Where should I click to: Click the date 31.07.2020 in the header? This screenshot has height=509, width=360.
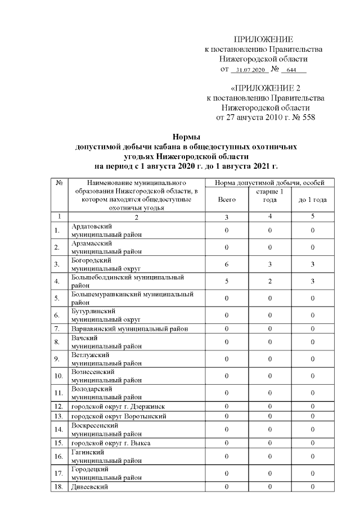click(250, 70)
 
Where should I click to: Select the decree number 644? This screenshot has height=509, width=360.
click(291, 70)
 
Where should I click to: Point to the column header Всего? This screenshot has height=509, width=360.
click(226, 200)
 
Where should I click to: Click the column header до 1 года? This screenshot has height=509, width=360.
click(313, 200)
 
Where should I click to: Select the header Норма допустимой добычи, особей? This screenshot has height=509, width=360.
click(269, 183)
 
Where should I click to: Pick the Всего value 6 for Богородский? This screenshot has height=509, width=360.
click(226, 264)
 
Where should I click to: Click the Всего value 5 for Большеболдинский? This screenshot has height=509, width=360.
click(226, 281)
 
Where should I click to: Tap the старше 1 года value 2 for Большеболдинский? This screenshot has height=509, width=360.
click(269, 281)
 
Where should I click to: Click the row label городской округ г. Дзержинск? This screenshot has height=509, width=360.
click(118, 406)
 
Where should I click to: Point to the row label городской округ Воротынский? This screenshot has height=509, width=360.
click(119, 416)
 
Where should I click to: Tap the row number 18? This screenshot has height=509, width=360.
click(58, 486)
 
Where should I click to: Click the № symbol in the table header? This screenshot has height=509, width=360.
click(59, 183)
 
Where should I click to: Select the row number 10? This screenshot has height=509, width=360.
click(58, 376)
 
